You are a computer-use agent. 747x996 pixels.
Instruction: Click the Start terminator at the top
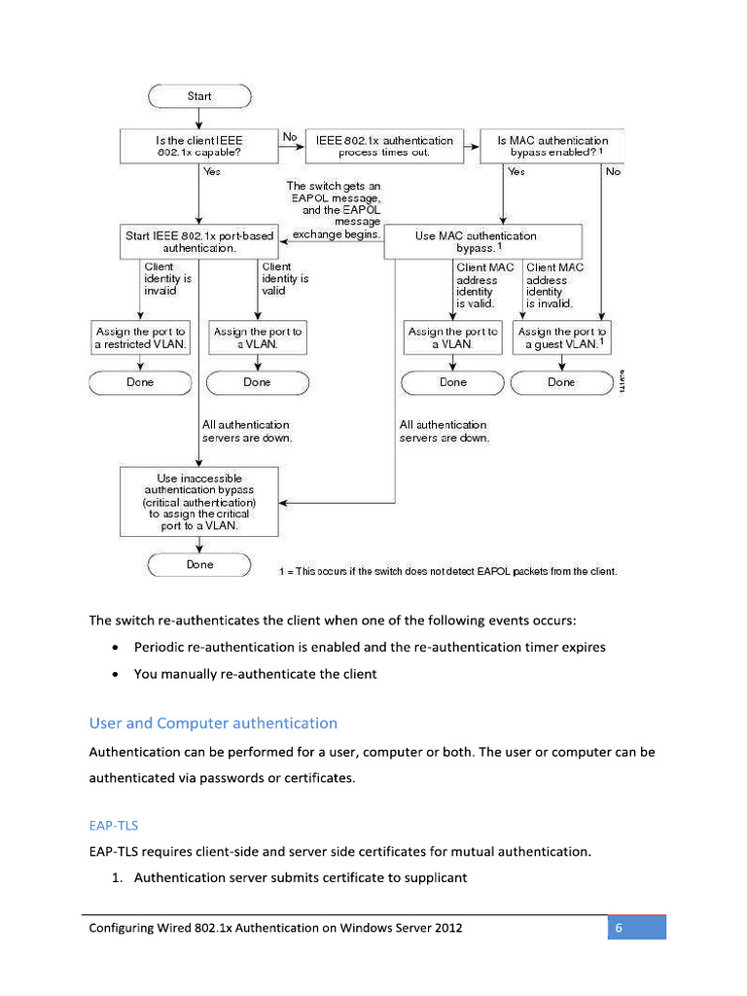tap(199, 96)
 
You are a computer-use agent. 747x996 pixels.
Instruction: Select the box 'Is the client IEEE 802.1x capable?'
tap(199, 147)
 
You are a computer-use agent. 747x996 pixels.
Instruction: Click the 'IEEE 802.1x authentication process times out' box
tap(384, 147)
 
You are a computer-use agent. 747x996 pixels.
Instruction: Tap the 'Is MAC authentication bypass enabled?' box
tap(551, 147)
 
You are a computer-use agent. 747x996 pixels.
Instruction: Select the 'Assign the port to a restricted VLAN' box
tap(141, 338)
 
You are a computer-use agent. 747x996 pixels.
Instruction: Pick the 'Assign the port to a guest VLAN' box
tap(561, 338)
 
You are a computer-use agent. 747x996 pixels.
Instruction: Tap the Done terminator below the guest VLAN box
tap(561, 382)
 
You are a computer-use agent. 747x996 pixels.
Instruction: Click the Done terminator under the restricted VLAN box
tap(141, 382)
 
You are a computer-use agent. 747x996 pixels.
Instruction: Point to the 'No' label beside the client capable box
tap(289, 138)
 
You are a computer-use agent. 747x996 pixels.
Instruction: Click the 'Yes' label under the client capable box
tap(211, 171)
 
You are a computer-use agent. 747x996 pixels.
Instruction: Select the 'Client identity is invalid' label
tap(167, 278)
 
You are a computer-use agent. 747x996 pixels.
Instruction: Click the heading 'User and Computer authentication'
tap(213, 723)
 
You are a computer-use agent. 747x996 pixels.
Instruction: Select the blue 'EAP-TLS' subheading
tap(113, 825)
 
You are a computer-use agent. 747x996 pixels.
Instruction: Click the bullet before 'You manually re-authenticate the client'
tap(117, 674)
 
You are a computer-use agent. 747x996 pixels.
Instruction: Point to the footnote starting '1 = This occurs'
tap(447, 571)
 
